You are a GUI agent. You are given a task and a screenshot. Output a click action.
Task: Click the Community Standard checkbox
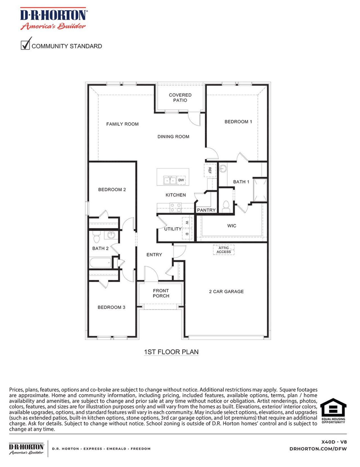pyautogui.click(x=25, y=45)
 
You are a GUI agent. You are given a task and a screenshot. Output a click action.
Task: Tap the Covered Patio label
pyautogui.click(x=180, y=98)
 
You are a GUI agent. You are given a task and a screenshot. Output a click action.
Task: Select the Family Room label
pyautogui.click(x=122, y=124)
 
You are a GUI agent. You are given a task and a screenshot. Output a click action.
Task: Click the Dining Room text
pyautogui.click(x=173, y=137)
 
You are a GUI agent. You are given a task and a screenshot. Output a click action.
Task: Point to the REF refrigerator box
pyautogui.click(x=210, y=170)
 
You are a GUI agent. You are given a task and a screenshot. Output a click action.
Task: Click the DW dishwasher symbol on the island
pyautogui.click(x=181, y=180)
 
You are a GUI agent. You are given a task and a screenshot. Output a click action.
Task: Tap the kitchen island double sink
pyautogui.click(x=170, y=180)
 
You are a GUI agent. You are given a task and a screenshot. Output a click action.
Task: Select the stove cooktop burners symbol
pyautogui.click(x=175, y=208)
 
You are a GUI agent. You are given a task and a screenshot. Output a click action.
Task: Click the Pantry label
pyautogui.click(x=206, y=210)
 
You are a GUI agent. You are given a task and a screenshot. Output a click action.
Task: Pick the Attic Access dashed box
pyautogui.click(x=224, y=250)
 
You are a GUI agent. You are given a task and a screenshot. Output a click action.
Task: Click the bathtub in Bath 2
pyautogui.click(x=101, y=263)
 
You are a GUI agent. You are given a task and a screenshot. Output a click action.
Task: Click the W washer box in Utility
pyautogui.click(x=187, y=223)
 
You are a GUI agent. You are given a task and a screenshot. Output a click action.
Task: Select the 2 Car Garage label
pyautogui.click(x=226, y=292)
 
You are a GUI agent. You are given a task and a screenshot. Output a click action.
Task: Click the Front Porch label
pyautogui.click(x=161, y=293)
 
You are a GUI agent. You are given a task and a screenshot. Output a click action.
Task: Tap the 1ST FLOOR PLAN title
pyautogui.click(x=171, y=352)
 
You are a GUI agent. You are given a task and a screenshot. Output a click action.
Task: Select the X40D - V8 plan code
pyautogui.click(x=334, y=442)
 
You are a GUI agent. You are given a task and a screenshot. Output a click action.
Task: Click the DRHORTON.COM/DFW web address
pyautogui.click(x=318, y=449)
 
